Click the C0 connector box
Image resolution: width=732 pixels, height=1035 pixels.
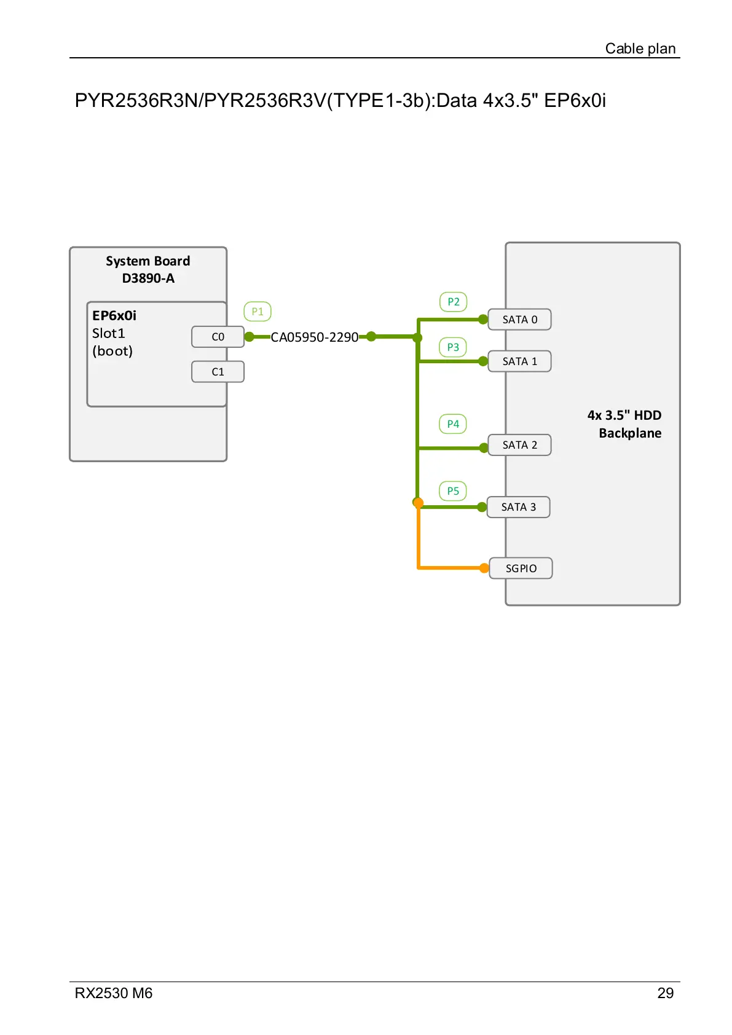point(218,337)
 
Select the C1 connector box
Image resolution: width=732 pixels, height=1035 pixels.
point(218,372)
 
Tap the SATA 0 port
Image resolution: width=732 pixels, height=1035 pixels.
point(519,320)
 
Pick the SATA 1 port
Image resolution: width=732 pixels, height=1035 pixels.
point(519,361)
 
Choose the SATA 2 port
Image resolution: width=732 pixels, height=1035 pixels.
point(519,445)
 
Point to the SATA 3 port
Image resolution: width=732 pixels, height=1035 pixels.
point(518,507)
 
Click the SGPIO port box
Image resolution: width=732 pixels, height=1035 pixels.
point(521,569)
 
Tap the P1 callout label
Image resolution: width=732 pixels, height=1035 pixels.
point(258,312)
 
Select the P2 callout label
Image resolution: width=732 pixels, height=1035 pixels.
point(454,302)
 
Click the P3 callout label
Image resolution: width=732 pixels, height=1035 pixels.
point(453,347)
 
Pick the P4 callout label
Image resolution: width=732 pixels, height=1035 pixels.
point(453,424)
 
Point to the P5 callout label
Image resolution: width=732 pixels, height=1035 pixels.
point(453,491)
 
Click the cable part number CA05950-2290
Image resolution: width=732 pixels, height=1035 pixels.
point(314,337)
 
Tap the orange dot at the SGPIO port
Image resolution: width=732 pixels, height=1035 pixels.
point(484,568)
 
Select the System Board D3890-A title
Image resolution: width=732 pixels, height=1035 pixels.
point(148,269)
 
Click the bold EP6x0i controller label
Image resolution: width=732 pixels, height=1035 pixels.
point(114,316)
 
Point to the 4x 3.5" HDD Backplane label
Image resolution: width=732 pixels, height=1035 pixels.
point(624,424)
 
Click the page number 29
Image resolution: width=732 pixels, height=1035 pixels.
point(665,993)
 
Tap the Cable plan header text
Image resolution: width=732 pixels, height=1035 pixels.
point(640,49)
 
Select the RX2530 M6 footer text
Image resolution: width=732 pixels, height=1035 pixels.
point(114,993)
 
